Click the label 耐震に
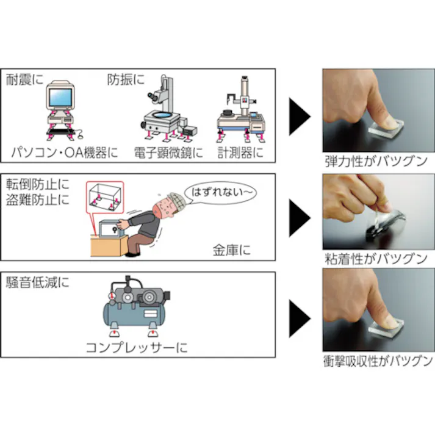click(24, 79)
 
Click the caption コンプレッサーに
click(136, 348)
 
